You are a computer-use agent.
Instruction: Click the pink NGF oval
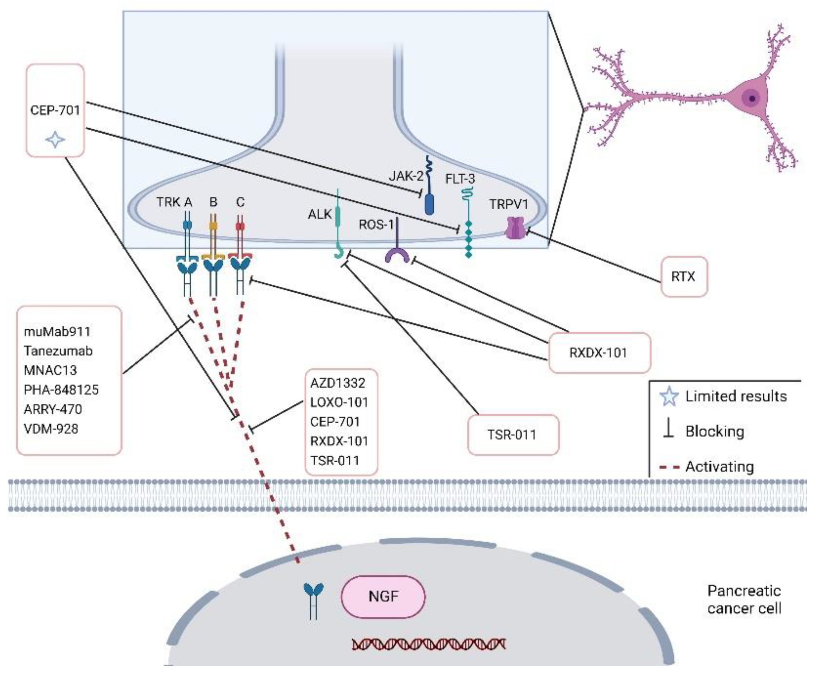coord(383,596)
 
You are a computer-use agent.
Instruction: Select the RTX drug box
coord(683,276)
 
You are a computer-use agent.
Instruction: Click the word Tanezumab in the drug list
coord(58,351)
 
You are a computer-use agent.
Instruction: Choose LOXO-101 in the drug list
coord(339,402)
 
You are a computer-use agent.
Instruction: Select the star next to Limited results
coord(669,396)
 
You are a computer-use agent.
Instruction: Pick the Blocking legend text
coord(715,431)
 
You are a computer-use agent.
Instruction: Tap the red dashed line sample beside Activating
coord(669,466)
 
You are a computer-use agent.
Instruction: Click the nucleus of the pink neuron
coord(752,98)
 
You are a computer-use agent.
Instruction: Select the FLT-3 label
coord(460,179)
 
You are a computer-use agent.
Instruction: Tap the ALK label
coord(319,214)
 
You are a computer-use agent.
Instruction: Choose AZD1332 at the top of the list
coord(338,383)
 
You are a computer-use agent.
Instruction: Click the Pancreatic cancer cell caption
coord(744,599)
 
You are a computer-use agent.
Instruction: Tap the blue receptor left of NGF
coord(313,600)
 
